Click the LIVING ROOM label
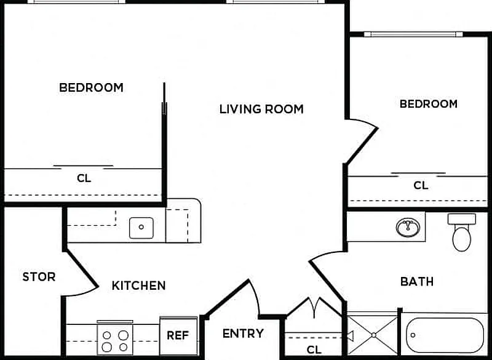261,109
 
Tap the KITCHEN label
139,286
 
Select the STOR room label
39,276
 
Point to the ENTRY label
243,334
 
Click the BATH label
417,281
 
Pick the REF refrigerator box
179,336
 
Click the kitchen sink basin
141,228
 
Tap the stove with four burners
115,339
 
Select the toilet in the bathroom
462,233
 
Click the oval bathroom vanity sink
408,227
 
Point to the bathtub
445,335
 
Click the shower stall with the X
373,335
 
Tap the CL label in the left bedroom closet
84,178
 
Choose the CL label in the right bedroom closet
421,185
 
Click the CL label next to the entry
314,350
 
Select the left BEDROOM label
91,87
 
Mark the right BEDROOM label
428,104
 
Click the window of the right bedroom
413,34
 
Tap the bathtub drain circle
413,335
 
